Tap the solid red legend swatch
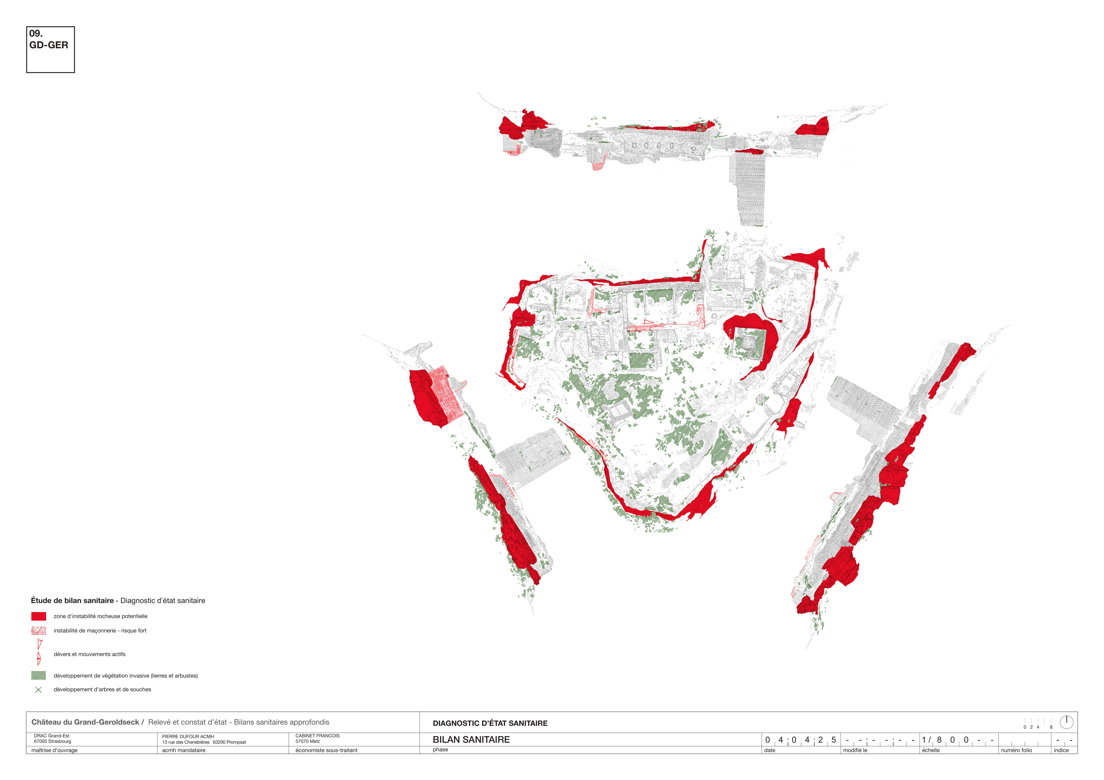pyautogui.click(x=38, y=616)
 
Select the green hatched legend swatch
pyautogui.click(x=38, y=676)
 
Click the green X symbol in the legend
pyautogui.click(x=38, y=690)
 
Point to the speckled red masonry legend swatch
pyautogui.click(x=38, y=630)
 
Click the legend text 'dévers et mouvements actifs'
pyautogui.click(x=89, y=654)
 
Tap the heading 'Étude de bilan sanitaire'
pyautogui.click(x=72, y=601)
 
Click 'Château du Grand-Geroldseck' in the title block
pyautogui.click(x=85, y=722)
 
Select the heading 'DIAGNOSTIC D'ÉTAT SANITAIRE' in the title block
pyautogui.click(x=490, y=723)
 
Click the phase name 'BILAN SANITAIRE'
pyautogui.click(x=471, y=740)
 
